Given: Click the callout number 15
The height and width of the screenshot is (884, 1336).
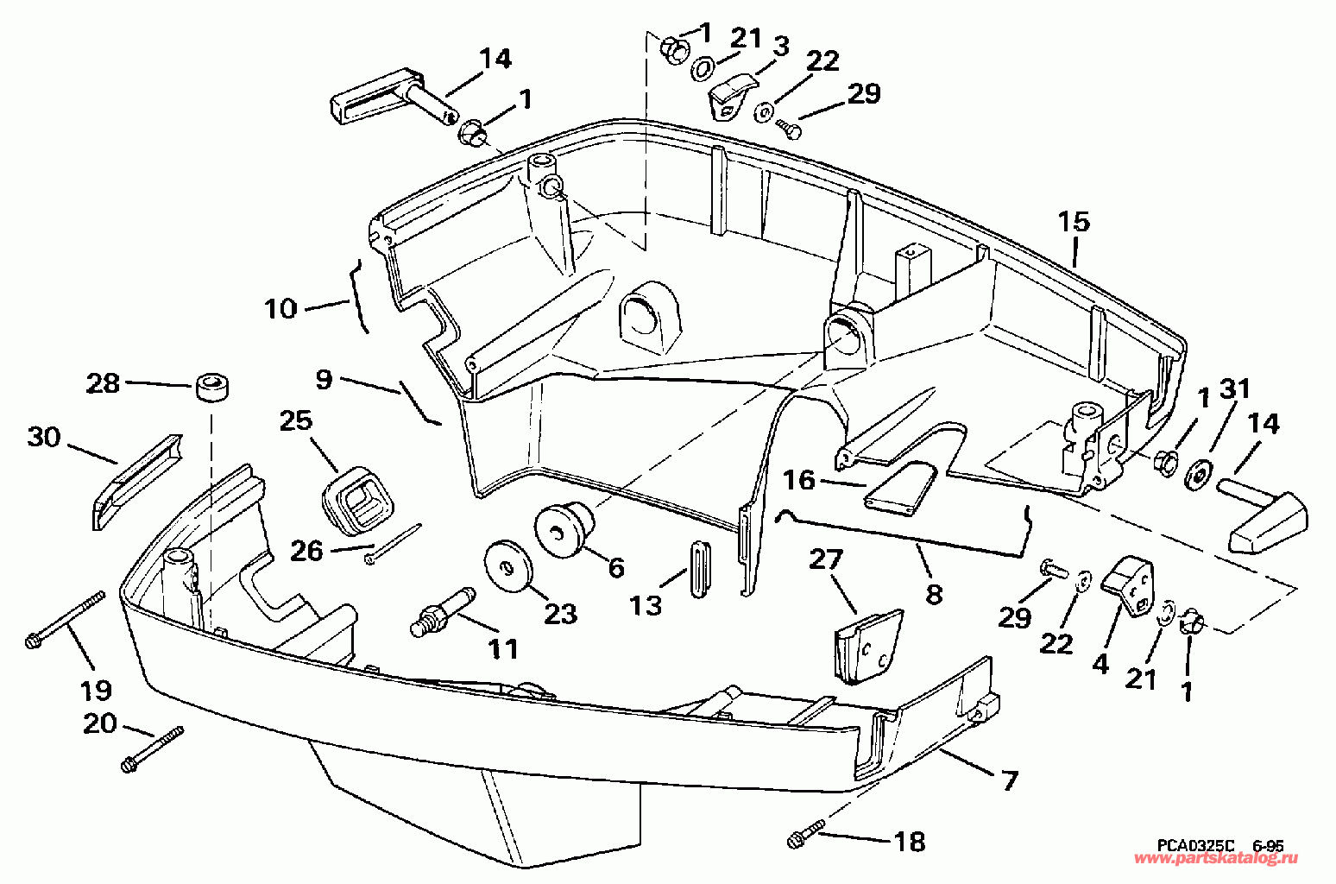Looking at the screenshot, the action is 1074,222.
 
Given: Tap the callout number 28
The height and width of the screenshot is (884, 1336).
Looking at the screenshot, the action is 103,383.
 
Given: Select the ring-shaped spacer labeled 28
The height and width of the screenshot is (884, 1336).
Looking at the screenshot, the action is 211,388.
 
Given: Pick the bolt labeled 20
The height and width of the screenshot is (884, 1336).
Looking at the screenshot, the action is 152,750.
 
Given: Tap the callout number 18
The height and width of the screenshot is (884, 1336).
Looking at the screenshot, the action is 910,843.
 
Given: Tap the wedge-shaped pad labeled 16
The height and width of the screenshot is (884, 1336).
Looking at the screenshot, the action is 901,488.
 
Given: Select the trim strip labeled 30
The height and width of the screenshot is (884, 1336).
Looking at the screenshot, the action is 137,482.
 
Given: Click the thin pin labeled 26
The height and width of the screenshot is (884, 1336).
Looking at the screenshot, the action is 394,543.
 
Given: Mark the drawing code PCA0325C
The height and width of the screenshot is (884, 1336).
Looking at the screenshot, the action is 1196,846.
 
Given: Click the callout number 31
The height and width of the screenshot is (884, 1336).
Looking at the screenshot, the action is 1235,389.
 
